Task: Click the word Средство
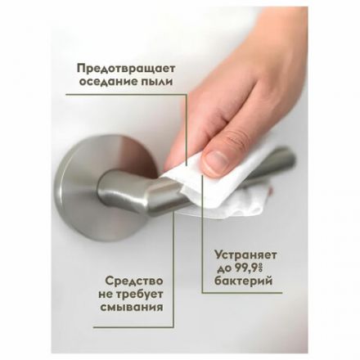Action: coord(128,277)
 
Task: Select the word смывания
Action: coord(128,307)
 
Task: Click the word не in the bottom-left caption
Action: coord(104,292)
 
